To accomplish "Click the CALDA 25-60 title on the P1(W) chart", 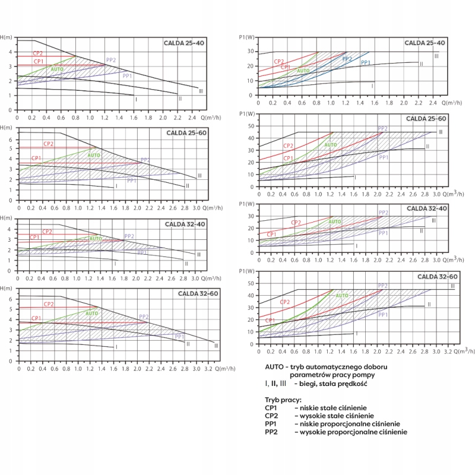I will [x=426, y=119].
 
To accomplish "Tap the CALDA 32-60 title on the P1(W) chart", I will [x=437, y=277].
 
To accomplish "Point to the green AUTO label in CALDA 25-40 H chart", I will [x=57, y=69].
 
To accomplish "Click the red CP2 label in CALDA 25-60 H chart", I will [x=49, y=144].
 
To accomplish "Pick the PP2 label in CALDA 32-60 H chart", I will [x=144, y=316].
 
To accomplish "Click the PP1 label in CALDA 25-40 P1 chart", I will [x=366, y=63].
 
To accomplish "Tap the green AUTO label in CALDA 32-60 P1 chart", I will [x=343, y=295].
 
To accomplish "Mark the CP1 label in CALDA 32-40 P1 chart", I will [x=271, y=235].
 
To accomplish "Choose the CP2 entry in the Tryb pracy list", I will [x=271, y=416].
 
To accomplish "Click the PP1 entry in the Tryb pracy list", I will [x=271, y=424].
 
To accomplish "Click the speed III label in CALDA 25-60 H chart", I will [x=199, y=176].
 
